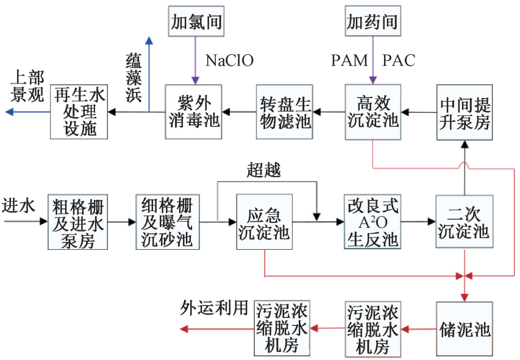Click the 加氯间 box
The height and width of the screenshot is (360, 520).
pyautogui.click(x=195, y=22)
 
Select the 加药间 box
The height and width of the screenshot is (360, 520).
pyautogui.click(x=372, y=22)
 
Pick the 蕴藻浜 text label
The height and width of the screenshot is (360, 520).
pyautogui.click(x=133, y=76)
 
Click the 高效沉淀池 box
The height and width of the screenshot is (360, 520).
pyautogui.click(x=372, y=112)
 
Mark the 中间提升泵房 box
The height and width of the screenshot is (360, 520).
pyautogui.click(x=465, y=112)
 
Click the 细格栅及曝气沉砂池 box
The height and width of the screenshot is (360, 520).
pyautogui.click(x=167, y=223)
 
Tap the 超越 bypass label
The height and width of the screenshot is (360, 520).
pyautogui.click(x=264, y=170)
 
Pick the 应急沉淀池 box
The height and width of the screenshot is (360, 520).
pyautogui.click(x=265, y=223)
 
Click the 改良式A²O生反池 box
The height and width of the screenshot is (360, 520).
pyautogui.click(x=372, y=223)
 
